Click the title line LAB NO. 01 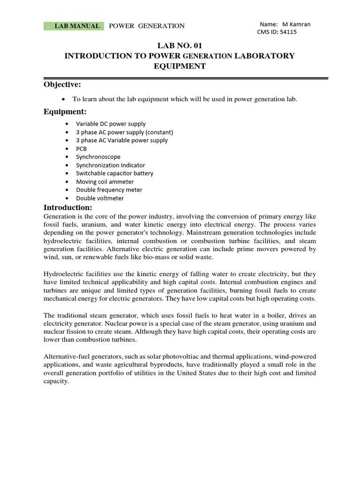(180, 45)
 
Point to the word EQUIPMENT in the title (180, 66)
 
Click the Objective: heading (62, 84)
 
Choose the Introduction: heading (68, 207)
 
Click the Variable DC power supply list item (111, 124)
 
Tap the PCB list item (81, 149)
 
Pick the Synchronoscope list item (98, 157)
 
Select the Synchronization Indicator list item (111, 165)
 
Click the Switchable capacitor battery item (114, 173)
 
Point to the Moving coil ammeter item (105, 181)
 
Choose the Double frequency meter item (109, 190)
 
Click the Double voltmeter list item (100, 198)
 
